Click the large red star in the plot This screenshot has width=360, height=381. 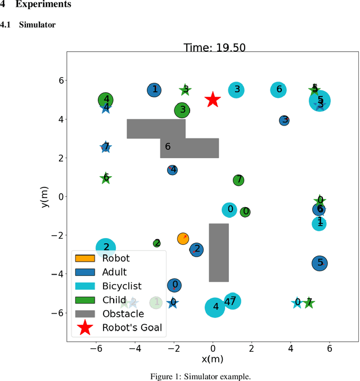point(212,100)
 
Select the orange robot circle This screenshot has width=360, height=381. point(183,239)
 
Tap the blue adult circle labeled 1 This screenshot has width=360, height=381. point(154,89)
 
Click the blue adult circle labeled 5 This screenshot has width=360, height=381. point(320,262)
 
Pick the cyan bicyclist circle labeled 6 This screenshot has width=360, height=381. point(278,89)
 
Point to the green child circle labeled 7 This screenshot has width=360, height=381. point(238,180)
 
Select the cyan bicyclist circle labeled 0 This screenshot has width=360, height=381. point(229,210)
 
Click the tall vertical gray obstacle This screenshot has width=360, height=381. point(219,253)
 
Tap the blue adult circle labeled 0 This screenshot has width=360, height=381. point(174,285)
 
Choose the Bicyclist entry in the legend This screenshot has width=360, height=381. point(121,286)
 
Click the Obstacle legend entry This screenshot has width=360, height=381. point(123,313)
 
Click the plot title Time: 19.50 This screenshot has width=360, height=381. point(214,48)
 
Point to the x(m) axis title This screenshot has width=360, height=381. point(212,359)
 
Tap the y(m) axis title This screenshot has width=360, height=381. point(45,197)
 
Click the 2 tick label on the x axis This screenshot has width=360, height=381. point(251,348)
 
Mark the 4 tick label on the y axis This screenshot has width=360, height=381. point(55,119)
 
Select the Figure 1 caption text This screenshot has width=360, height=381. point(179,376)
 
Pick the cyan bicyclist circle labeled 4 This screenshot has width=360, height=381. point(215,307)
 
